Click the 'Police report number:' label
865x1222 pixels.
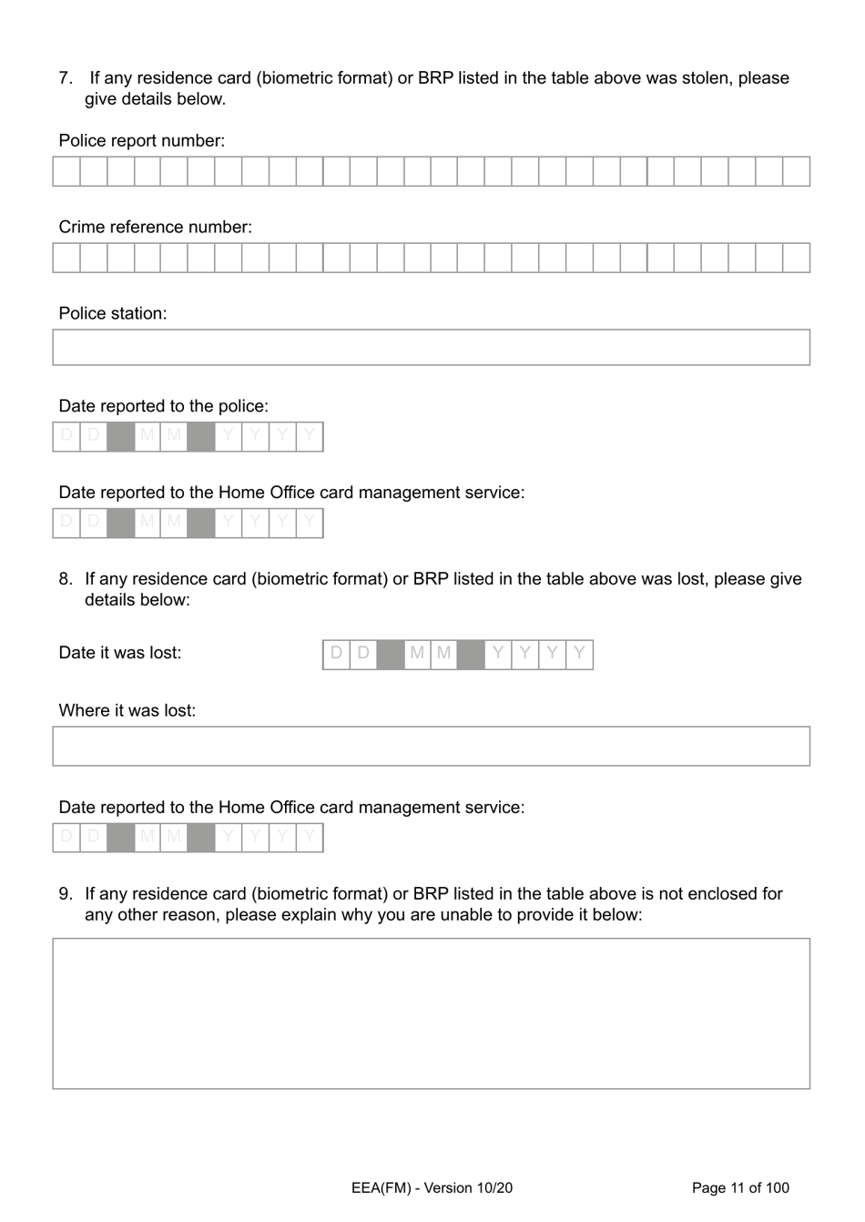[x=141, y=141]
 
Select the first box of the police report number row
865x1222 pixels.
[x=66, y=171]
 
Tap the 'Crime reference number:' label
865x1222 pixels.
[x=155, y=227]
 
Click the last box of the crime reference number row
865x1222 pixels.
[x=796, y=258]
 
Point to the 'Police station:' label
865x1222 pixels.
[x=112, y=313]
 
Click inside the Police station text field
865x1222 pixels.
[x=431, y=348]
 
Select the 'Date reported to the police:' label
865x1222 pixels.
[x=163, y=406]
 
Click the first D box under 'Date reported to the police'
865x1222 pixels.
[x=66, y=436]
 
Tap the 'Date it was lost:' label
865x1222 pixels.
[x=119, y=653]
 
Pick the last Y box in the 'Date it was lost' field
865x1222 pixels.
[x=579, y=654]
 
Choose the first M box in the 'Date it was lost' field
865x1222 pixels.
[x=417, y=654]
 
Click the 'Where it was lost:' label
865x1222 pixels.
[x=127, y=710]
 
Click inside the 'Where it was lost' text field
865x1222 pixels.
[x=431, y=746]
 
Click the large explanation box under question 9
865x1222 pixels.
[x=431, y=1013]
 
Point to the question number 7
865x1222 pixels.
[x=65, y=78]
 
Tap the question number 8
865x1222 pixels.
[x=65, y=579]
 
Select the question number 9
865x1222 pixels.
[x=65, y=894]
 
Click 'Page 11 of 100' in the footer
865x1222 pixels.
[x=740, y=1187]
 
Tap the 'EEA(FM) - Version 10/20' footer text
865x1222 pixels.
[x=432, y=1187]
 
